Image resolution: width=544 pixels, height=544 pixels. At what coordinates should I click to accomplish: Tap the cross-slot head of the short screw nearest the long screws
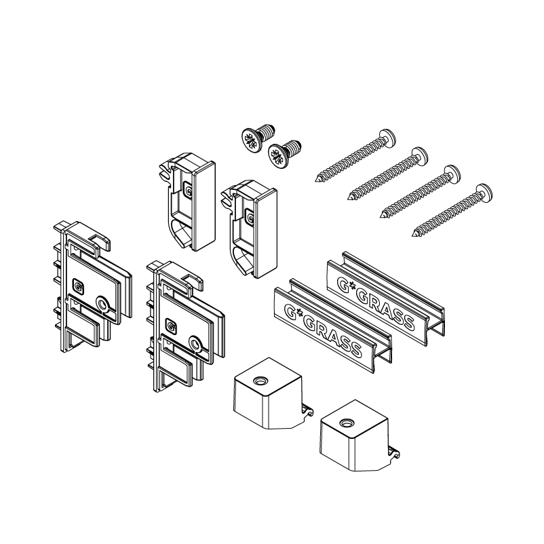[278, 156]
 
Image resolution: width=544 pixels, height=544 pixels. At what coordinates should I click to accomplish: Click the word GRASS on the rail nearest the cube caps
[334, 336]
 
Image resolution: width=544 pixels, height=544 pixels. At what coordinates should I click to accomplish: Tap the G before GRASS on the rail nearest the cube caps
[290, 309]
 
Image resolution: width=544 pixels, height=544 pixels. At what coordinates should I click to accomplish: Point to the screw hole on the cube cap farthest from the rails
[346, 423]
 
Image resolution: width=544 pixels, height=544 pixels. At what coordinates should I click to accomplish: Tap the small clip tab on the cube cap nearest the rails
[307, 410]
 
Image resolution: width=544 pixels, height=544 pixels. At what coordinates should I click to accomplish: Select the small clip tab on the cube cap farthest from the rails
[393, 452]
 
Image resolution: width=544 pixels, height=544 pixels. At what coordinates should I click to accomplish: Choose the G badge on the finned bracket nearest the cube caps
[171, 325]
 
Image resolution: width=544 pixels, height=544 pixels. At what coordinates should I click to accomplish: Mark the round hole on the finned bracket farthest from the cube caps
[102, 305]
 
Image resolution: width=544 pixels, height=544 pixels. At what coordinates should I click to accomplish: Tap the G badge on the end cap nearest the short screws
[188, 190]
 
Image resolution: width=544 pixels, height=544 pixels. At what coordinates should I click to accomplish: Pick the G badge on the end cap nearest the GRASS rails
[250, 218]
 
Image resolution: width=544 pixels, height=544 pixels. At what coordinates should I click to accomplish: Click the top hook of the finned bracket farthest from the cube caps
[101, 240]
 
